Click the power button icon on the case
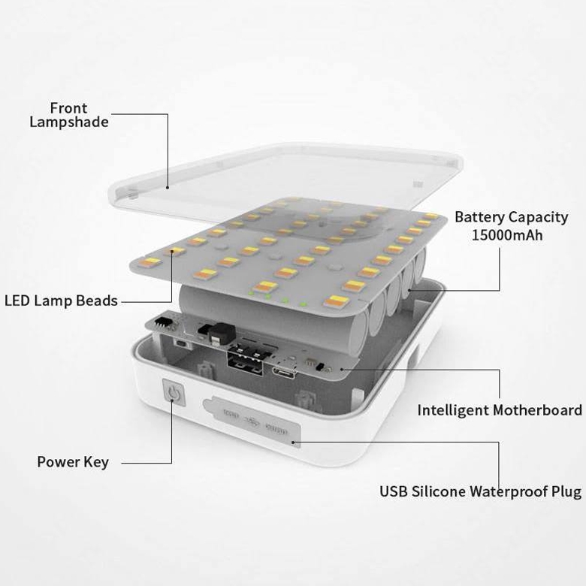pyautogui.click(x=173, y=392)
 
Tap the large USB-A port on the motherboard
pyautogui.click(x=246, y=361)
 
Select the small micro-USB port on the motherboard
pyautogui.click(x=284, y=373)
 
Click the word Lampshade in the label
pyautogui.click(x=69, y=122)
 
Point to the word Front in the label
pyautogui.click(x=69, y=108)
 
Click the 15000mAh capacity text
pyautogui.click(x=507, y=235)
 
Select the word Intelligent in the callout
pyautogui.click(x=453, y=410)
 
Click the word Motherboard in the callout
pyautogui.click(x=537, y=410)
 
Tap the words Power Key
pyautogui.click(x=73, y=462)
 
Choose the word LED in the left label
pyautogui.click(x=17, y=301)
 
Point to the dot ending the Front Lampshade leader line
pyautogui.click(x=168, y=188)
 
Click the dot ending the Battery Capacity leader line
pyautogui.click(x=409, y=290)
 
